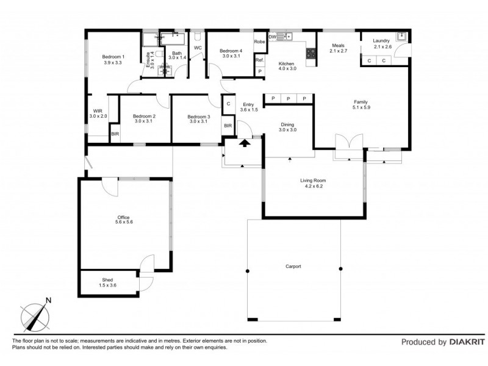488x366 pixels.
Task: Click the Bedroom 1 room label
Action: pos(113,59)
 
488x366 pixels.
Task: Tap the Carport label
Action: pos(293,267)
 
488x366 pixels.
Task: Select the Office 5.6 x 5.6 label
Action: pos(124,220)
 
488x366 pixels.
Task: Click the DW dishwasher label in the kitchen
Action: pos(272,37)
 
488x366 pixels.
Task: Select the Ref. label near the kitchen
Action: pos(259,60)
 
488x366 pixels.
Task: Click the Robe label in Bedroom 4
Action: pos(259,43)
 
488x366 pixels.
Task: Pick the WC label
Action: pos(198,48)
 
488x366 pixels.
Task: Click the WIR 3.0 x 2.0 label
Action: pos(98,113)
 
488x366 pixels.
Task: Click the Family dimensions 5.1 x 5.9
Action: pos(362,108)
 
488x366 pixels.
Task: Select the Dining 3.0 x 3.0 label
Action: pos(287,127)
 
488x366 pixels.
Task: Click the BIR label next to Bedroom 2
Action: pos(115,134)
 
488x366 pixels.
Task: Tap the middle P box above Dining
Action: pos(288,99)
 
